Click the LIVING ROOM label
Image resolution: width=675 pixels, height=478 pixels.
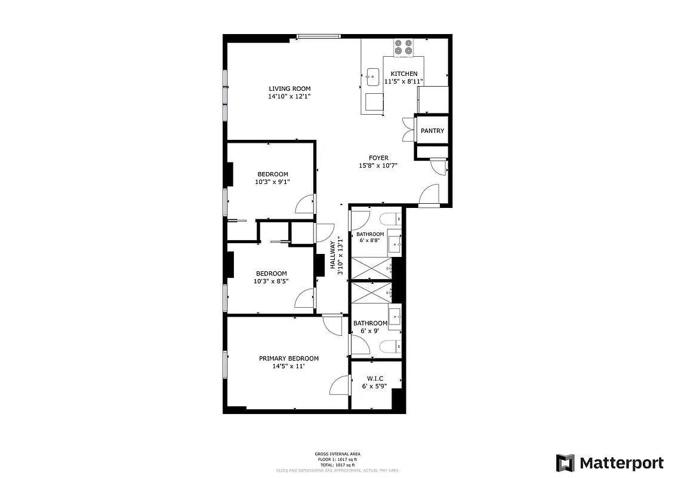click(289, 88)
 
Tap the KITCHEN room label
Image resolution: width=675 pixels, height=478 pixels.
click(404, 73)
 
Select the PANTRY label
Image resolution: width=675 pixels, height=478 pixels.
click(433, 131)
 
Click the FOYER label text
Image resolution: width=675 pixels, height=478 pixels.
click(378, 158)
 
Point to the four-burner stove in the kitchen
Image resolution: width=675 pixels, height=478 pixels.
click(403, 47)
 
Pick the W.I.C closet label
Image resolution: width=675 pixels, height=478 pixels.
click(375, 378)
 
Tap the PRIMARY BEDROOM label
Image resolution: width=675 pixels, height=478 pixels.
click(289, 358)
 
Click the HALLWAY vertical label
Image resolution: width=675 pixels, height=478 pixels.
click(333, 255)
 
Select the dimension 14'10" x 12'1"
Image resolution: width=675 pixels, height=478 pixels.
click(289, 96)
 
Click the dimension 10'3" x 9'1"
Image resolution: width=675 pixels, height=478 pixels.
click(272, 182)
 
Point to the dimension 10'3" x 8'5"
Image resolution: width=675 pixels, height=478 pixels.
click(272, 281)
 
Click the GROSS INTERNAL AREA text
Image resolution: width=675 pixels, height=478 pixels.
click(337, 454)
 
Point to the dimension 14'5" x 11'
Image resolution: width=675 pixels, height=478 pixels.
click(288, 366)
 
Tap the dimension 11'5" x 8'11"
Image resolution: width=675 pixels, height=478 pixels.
click(404, 81)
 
